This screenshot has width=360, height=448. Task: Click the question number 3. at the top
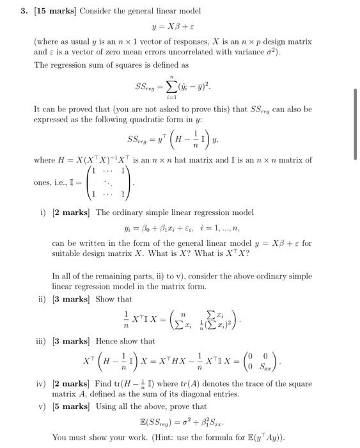(x=20, y=12)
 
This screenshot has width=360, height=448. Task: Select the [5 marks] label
(x=72, y=405)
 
